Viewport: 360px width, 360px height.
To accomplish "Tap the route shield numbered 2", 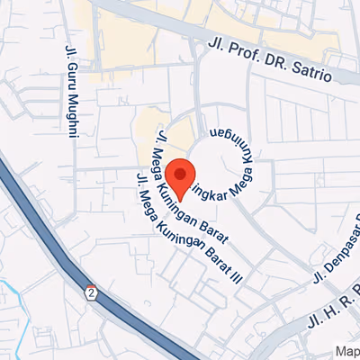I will [91, 292].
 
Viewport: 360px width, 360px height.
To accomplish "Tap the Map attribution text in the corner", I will [347, 352].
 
